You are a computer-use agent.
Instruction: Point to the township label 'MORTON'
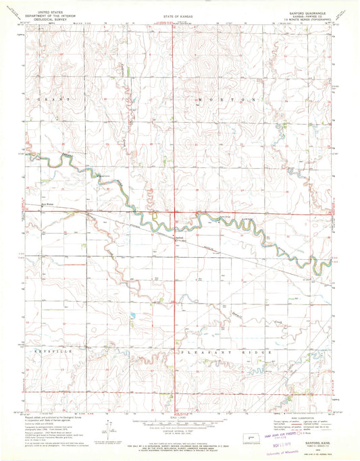[227, 99]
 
